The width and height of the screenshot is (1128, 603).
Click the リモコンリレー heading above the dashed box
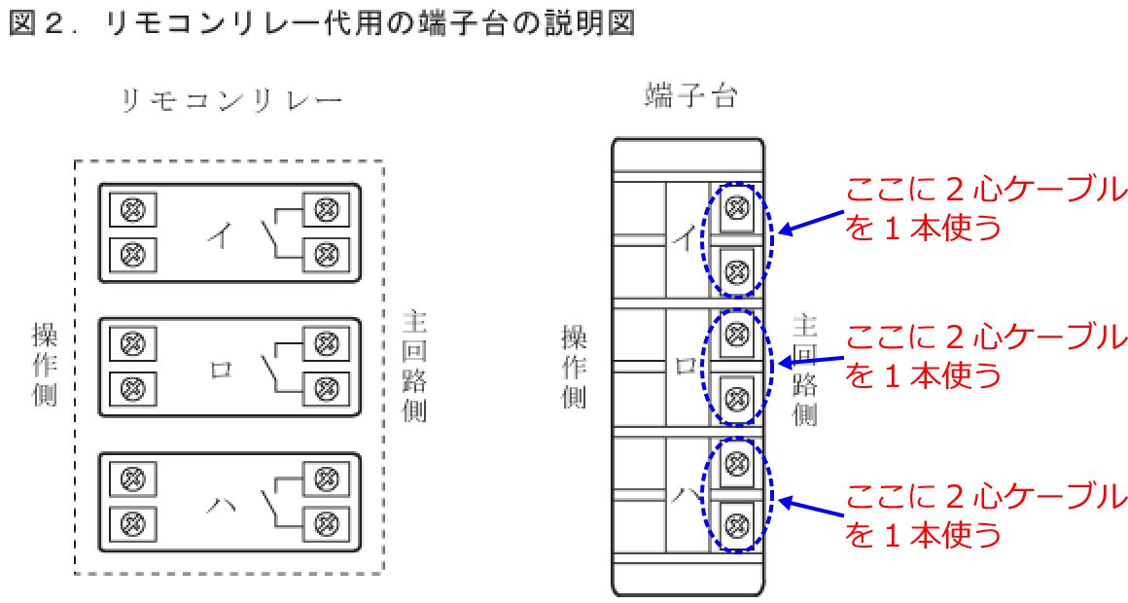[x=230, y=101]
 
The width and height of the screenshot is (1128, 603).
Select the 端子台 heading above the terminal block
[x=690, y=95]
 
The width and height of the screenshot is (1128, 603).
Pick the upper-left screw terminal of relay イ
[x=133, y=210]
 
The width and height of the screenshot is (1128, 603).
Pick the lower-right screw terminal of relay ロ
[x=327, y=389]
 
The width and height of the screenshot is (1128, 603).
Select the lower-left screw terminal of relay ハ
[x=133, y=523]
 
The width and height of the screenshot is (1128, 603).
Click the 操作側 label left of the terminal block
[x=575, y=366]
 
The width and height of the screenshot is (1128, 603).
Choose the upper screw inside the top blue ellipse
[x=737, y=206]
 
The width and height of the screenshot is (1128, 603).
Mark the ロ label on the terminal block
[x=686, y=366]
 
